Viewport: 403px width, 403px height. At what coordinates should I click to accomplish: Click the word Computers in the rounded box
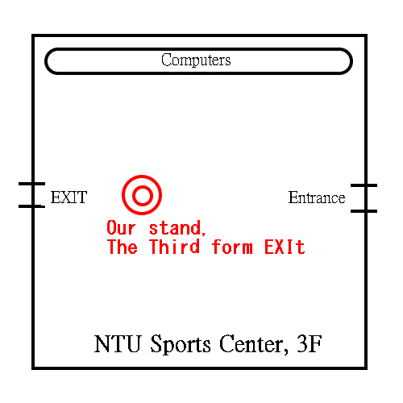coord(196,60)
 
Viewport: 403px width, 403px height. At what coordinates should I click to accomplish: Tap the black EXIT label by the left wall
coord(69,197)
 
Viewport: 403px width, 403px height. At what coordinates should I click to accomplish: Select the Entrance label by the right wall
coord(317,197)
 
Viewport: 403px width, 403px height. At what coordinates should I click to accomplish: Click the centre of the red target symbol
coord(142,195)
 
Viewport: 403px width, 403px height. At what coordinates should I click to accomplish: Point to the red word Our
coord(121,228)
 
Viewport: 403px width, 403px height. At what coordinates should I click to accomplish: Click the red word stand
coord(175,228)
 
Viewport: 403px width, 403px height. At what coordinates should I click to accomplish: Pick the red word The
coord(123,247)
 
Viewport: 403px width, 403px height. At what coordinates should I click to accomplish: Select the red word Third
coord(175,247)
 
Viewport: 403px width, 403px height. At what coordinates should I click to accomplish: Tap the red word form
coord(232,247)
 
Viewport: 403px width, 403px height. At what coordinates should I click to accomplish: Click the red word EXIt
coord(285,247)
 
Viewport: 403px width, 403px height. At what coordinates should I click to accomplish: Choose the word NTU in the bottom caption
coord(118,343)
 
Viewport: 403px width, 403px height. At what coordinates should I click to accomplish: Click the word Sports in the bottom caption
coord(181,345)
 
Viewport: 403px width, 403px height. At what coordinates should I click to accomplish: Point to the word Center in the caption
coord(251,343)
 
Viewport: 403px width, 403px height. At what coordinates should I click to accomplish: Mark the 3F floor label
coord(310,343)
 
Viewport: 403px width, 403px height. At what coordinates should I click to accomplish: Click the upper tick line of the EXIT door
coord(31,184)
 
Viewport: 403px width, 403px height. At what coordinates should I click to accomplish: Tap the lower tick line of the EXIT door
coord(31,206)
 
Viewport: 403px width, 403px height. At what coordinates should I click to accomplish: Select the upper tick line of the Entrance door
coord(364,185)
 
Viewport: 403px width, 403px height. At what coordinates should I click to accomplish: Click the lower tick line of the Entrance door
coord(364,211)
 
